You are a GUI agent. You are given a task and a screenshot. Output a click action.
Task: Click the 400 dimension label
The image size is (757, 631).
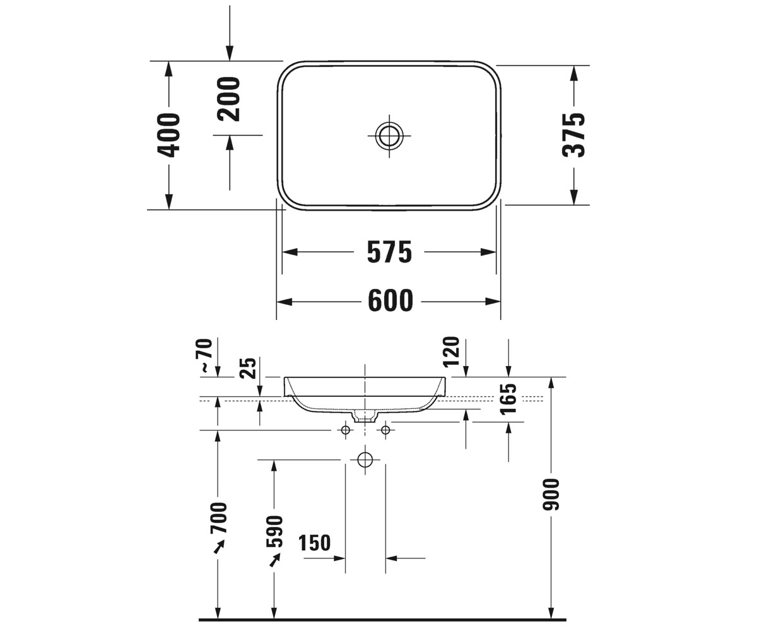(x=168, y=135)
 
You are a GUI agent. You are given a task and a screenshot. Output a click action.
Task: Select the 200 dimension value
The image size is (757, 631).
(x=228, y=98)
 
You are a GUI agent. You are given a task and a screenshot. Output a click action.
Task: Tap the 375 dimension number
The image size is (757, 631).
(x=573, y=135)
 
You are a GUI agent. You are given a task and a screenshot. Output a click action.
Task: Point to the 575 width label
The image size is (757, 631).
(x=389, y=252)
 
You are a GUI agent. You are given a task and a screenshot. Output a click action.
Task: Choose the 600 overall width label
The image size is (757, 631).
(x=390, y=301)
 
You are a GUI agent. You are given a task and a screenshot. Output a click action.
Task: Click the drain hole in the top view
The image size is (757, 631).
(x=389, y=136)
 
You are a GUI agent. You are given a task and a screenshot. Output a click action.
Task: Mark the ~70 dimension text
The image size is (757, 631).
(x=206, y=355)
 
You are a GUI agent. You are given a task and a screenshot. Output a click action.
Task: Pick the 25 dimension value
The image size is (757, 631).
(x=249, y=368)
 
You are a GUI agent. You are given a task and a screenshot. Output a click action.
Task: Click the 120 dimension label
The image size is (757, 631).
(x=451, y=351)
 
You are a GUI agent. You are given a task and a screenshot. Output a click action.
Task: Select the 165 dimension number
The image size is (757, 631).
(x=508, y=399)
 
